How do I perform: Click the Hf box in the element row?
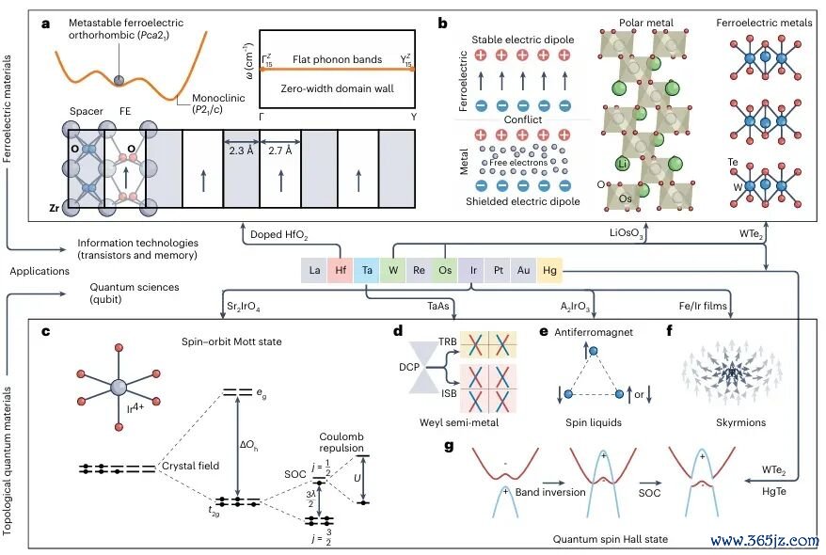pos(341,270)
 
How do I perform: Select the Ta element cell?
pos(367,270)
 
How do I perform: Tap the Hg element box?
pos(549,270)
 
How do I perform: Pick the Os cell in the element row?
pos(445,270)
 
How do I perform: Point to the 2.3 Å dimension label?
pos(241,151)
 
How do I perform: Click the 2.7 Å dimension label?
pos(280,151)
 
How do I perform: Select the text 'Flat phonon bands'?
pos(337,59)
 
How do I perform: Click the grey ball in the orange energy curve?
pos(119,80)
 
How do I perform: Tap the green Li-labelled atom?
pos(623,164)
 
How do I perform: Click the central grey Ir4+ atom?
pos(119,388)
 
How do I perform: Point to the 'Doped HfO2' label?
pos(279,235)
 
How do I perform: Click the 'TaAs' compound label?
pos(438,306)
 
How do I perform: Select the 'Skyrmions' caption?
pos(740,422)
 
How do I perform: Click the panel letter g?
pos(449,447)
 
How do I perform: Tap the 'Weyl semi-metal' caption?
pos(459,422)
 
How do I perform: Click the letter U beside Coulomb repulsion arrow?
pos(357,478)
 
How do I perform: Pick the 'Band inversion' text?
pos(550,492)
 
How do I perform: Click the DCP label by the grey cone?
pos(409,367)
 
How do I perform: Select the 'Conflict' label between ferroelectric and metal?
pos(522,119)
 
